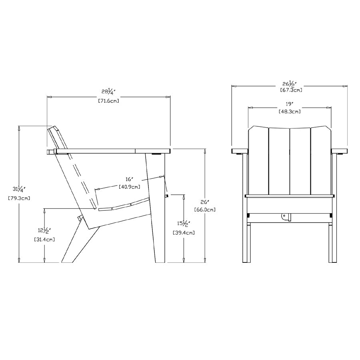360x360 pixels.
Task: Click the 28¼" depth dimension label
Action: coord(108,92)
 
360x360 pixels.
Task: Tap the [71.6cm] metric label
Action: coord(108,101)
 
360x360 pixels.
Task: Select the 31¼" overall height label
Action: coord(18,189)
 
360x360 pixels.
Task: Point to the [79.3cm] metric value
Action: coord(19,198)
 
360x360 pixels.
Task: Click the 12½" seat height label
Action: coord(44,230)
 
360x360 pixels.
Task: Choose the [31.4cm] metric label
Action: coord(44,239)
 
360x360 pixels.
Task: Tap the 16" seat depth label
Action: coord(130,180)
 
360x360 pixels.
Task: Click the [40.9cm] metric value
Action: coord(130,186)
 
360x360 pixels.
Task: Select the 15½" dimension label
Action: coord(184,223)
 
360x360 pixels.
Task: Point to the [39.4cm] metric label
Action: coord(184,232)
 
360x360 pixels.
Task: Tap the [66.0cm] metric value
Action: coord(205,209)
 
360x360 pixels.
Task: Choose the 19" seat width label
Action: coord(290,104)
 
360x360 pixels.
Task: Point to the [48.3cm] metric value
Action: coord(290,112)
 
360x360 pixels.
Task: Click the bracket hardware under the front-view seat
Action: coord(286,216)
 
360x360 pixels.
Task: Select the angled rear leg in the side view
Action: coord(76,244)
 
